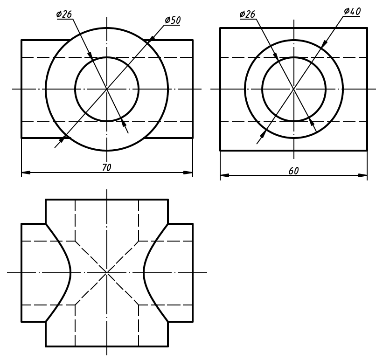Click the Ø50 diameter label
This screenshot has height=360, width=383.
[172, 20]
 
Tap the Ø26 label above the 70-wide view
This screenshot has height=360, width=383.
[64, 14]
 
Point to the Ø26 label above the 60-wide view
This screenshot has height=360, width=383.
[247, 14]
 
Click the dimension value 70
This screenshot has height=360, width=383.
[106, 167]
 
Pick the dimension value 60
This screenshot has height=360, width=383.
[293, 171]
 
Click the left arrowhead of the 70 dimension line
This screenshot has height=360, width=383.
[26, 173]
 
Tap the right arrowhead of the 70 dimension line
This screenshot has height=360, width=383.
[188, 173]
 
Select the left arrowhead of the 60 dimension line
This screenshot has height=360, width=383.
[225, 176]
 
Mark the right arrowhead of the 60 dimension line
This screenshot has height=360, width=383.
[362, 176]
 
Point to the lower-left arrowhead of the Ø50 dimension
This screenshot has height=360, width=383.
[62, 138]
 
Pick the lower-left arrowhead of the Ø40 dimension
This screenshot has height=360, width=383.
[263, 134]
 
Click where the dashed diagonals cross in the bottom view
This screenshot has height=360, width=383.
[107, 272]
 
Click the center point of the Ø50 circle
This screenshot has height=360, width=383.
[107, 89]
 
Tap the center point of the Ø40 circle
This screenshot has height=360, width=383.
[293, 89]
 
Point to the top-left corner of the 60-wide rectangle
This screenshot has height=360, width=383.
[220, 28]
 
